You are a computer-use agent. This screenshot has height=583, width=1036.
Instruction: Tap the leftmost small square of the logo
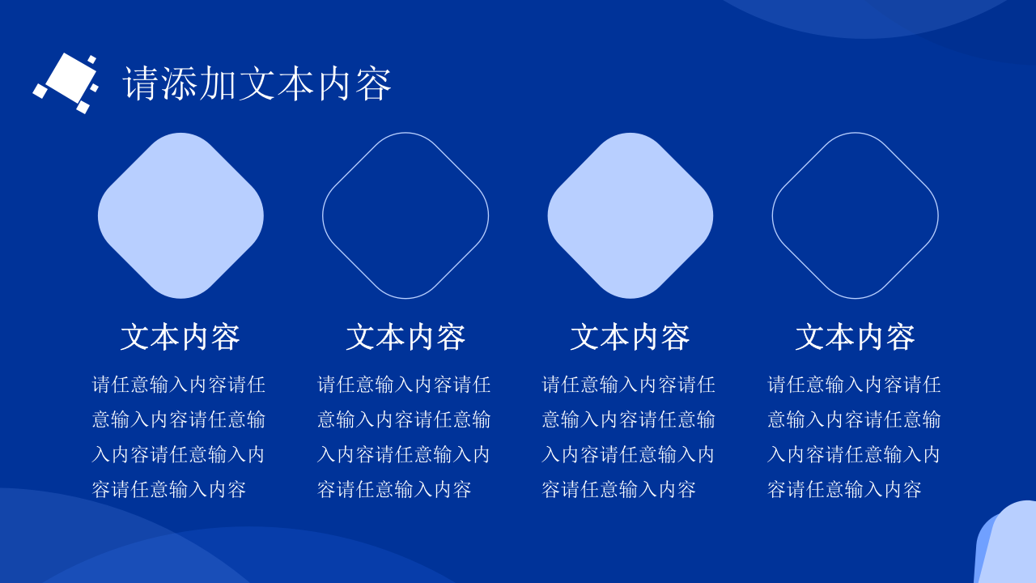(40, 91)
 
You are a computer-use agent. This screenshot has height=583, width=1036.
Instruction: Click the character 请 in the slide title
(141, 83)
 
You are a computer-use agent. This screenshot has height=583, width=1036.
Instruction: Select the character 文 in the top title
(257, 83)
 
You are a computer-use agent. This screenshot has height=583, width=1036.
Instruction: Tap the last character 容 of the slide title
(374, 83)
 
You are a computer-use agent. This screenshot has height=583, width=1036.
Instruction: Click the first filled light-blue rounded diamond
(180, 215)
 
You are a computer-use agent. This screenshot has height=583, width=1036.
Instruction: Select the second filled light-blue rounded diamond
(630, 215)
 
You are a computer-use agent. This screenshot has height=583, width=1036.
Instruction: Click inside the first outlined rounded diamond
(405, 215)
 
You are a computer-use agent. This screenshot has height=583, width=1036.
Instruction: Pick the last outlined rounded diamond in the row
(855, 215)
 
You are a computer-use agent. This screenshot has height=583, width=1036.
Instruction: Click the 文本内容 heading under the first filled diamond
(180, 337)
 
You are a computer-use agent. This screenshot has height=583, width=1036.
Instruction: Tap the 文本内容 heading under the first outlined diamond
(405, 337)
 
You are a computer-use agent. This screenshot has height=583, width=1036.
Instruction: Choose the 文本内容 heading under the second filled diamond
(630, 337)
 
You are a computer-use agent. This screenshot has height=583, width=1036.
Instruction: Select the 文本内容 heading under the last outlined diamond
(855, 337)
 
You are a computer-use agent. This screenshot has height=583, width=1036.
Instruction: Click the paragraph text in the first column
(179, 436)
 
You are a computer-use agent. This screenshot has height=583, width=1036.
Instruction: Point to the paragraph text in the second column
(404, 436)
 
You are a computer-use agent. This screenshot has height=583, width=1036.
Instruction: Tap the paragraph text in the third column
(628, 436)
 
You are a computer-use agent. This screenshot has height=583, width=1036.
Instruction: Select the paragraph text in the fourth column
(854, 436)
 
